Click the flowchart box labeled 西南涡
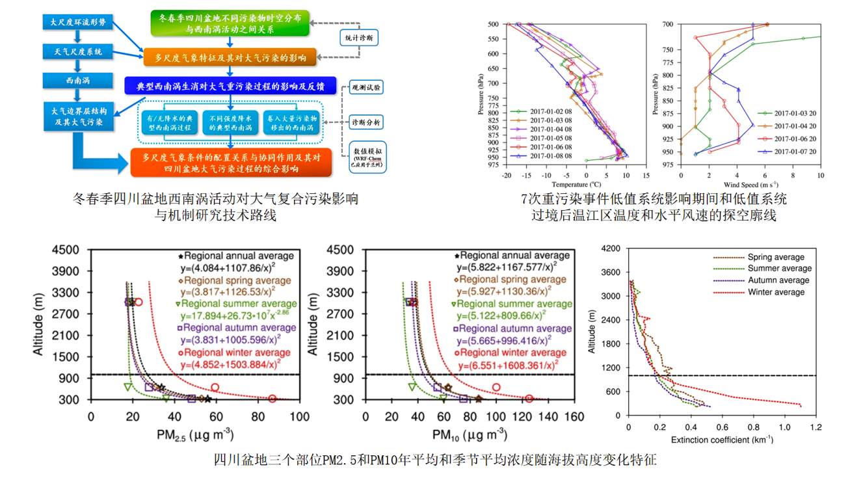click(78, 81)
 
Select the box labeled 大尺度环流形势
click(78, 22)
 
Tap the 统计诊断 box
click(359, 38)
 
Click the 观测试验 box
click(366, 87)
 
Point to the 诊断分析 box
click(366, 122)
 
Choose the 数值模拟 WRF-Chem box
click(367, 157)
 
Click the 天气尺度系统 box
click(78, 51)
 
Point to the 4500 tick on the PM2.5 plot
click(65, 250)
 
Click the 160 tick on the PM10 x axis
click(574, 416)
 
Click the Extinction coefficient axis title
click(721, 440)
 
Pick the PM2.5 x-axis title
click(194, 434)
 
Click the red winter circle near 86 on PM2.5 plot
click(272, 399)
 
